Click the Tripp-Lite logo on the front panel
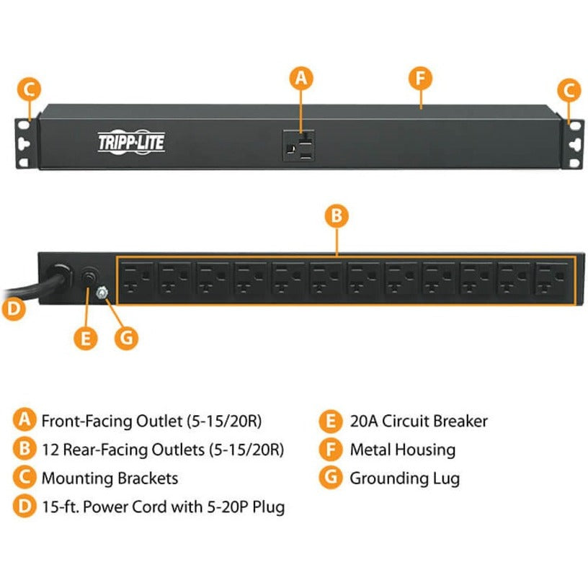coord(131,142)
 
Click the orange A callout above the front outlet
coord(301,79)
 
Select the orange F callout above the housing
coord(419,79)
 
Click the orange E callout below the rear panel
coord(86,338)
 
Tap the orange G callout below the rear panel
coord(127,338)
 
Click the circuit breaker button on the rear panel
coord(90,279)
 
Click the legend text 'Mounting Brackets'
coord(110,478)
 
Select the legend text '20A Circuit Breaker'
coord(419,422)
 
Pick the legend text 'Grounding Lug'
coord(404,478)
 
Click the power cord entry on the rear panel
coord(58,277)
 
